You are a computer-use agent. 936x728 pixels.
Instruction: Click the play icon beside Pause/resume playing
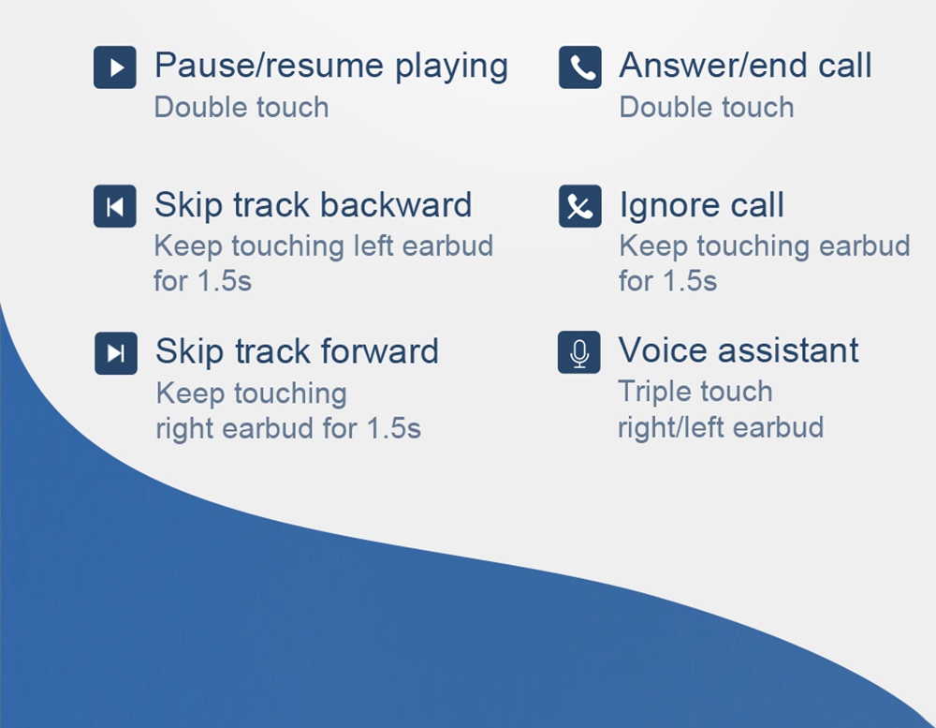pyautogui.click(x=114, y=67)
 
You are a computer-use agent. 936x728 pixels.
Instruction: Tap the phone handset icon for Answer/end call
pyautogui.click(x=579, y=67)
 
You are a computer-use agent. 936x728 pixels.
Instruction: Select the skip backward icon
pyautogui.click(x=114, y=206)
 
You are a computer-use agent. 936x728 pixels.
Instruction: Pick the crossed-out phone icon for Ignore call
pyautogui.click(x=579, y=206)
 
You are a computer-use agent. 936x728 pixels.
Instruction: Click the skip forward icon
pyautogui.click(x=116, y=353)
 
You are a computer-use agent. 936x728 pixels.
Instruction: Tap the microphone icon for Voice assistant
pyautogui.click(x=579, y=352)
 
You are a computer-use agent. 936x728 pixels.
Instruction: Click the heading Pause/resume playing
pyautogui.click(x=331, y=67)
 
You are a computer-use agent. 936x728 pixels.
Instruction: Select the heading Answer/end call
pyautogui.click(x=746, y=66)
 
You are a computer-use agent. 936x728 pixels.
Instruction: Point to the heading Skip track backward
pyautogui.click(x=313, y=205)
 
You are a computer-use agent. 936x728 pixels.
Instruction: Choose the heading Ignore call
pyautogui.click(x=702, y=206)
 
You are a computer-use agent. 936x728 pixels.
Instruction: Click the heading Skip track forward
pyautogui.click(x=297, y=352)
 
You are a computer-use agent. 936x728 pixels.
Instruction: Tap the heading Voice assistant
pyautogui.click(x=739, y=350)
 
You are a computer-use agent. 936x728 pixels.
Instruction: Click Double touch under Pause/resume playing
pyautogui.click(x=241, y=108)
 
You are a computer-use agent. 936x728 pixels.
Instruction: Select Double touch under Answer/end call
pyautogui.click(x=707, y=108)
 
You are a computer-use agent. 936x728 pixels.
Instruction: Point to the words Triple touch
pyautogui.click(x=695, y=393)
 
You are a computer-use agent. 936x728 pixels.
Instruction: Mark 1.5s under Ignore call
pyautogui.click(x=692, y=281)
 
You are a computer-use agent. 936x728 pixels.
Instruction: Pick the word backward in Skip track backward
pyautogui.click(x=396, y=205)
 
